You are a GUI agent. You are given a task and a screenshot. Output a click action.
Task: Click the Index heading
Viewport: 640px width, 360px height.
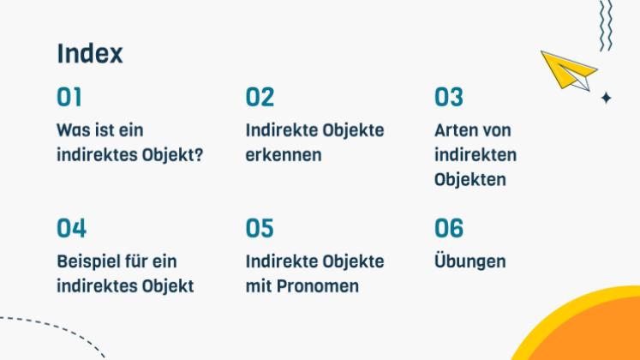coord(90,53)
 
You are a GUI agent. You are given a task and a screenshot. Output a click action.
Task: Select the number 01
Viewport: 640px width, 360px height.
coord(69,98)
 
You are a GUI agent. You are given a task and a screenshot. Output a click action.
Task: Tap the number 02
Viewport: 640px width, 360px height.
coord(260,98)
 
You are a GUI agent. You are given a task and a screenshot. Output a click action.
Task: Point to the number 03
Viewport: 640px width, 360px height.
coord(448,98)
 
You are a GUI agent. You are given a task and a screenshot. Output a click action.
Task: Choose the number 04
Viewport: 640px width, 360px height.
coord(72,229)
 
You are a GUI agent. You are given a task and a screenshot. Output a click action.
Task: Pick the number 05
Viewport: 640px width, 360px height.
coord(260,229)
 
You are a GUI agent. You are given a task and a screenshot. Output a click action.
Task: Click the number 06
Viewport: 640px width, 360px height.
coord(449,229)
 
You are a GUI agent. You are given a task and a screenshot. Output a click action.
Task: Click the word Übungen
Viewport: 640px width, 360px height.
coord(470,261)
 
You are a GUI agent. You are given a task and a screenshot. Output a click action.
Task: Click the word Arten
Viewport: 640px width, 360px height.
coord(455,130)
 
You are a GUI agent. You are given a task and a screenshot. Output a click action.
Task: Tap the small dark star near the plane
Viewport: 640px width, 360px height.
coord(606,98)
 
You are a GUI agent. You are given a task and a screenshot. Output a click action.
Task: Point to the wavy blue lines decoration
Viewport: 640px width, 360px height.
coord(606,24)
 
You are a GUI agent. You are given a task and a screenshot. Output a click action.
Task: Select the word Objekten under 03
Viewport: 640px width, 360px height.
coord(470,180)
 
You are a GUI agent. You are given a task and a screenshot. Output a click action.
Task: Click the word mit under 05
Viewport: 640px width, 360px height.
coord(259,286)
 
